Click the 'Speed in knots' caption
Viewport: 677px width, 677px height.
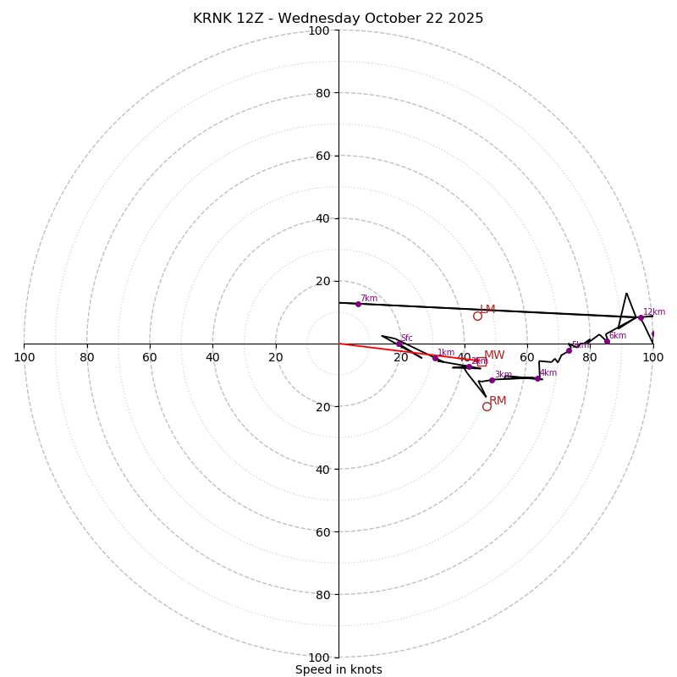338,669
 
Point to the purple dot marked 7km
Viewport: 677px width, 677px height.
358,304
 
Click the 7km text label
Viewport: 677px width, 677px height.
369,298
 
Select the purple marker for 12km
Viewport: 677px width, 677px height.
641,317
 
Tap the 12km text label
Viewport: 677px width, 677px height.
654,311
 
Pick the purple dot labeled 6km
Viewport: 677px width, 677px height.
607,341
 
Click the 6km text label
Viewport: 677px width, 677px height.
618,335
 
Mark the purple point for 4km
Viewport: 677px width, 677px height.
537,378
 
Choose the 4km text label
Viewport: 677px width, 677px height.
548,372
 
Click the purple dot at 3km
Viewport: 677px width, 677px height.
492,380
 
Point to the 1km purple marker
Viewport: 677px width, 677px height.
435,358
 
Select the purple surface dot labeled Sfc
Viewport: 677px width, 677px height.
399,344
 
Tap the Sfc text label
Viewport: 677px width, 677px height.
407,338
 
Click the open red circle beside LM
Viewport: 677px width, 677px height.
477,316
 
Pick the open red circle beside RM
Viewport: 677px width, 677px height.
487,406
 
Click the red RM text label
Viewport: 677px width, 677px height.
498,400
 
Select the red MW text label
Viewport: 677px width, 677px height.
494,355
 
